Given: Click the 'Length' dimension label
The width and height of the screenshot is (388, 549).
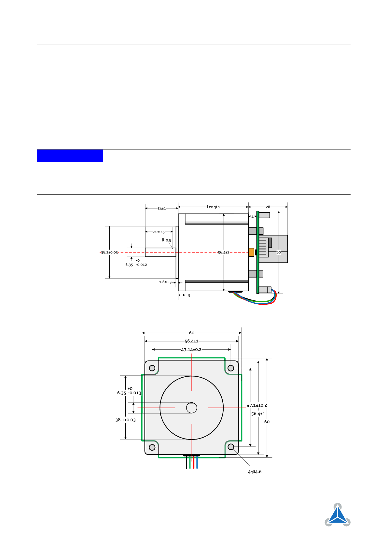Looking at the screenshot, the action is (x=213, y=207).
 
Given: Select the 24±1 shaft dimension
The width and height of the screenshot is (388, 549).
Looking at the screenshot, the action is (x=161, y=208).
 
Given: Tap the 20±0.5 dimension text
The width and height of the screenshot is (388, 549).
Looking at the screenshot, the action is (x=159, y=232).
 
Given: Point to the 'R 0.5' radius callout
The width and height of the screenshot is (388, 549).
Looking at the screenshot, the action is (x=166, y=240).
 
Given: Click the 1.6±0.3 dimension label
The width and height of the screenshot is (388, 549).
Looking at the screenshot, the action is (x=165, y=282).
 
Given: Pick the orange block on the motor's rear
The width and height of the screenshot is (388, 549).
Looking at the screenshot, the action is (x=251, y=253).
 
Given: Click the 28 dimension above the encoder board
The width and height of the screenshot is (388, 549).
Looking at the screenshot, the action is (x=268, y=207).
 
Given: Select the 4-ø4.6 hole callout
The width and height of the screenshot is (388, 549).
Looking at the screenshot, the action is (x=255, y=471).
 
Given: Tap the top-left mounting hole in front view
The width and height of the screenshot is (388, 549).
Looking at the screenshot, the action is (x=152, y=368).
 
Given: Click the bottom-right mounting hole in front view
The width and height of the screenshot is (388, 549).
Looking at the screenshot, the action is (x=231, y=447).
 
